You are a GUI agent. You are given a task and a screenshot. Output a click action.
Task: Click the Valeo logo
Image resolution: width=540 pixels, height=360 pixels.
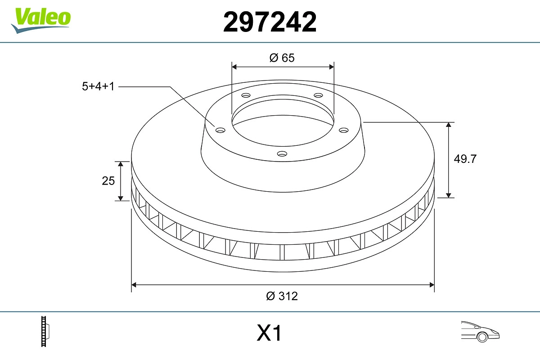point(41,19)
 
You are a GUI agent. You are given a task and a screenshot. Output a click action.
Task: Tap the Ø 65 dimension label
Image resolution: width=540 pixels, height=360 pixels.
point(282,58)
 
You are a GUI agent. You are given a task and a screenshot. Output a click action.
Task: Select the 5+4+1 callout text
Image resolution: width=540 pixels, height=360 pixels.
point(98,86)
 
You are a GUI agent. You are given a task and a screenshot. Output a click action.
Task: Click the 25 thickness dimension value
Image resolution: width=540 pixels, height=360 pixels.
point(108,181)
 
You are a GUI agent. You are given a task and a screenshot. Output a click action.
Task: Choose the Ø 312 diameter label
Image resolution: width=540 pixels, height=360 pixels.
point(282,296)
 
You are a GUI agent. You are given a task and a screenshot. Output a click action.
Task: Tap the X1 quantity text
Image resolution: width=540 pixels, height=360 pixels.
point(269,334)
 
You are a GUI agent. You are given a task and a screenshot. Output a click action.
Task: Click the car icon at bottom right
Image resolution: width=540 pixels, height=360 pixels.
point(480,331)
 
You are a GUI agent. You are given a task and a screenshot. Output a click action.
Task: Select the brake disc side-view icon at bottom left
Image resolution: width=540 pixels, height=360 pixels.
point(45,332)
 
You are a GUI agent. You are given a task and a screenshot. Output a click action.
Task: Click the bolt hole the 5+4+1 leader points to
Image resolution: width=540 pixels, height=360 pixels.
point(220,130)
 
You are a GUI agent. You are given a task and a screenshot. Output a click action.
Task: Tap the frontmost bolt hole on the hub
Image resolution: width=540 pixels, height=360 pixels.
point(282,154)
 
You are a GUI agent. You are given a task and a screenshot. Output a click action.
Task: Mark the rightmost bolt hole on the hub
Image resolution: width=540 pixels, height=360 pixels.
point(344,130)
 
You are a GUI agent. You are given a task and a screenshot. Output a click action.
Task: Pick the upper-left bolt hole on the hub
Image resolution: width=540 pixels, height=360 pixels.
point(246,95)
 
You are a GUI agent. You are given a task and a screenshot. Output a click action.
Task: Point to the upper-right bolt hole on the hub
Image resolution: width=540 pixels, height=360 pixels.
point(319,95)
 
